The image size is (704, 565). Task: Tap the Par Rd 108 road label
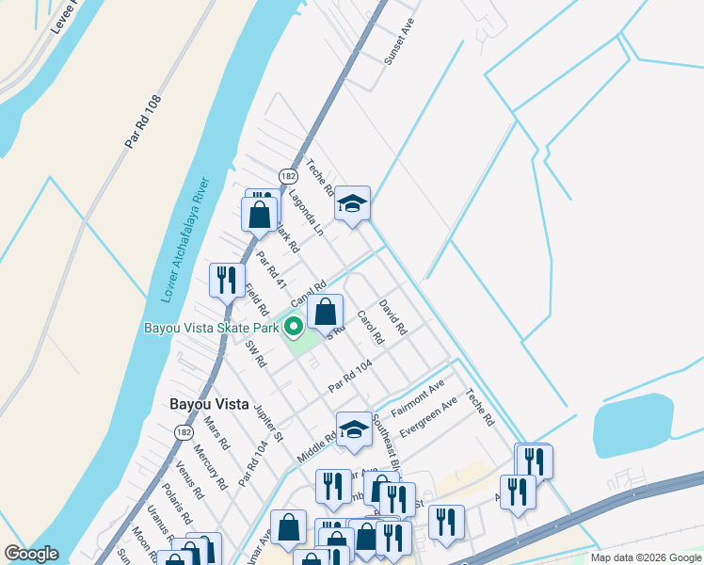(x=143, y=120)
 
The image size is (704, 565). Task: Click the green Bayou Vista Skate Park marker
(x=294, y=328)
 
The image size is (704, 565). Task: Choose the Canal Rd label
(x=308, y=293)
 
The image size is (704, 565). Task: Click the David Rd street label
(x=392, y=318)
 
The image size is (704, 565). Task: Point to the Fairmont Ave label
(x=418, y=399)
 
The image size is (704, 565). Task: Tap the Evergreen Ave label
(x=427, y=415)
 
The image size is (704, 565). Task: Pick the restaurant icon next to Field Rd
(x=226, y=279)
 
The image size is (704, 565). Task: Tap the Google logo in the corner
(x=31, y=554)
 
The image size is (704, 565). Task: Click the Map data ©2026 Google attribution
(x=645, y=557)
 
